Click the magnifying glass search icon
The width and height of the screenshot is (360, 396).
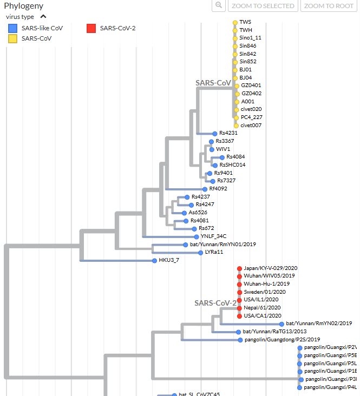point(218,5)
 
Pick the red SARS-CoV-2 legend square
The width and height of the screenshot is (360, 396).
point(91,28)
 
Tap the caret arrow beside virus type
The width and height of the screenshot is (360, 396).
point(43,17)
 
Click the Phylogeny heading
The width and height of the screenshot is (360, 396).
point(23,6)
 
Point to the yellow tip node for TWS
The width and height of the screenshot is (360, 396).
point(235,22)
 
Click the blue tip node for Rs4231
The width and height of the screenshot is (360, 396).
point(215,133)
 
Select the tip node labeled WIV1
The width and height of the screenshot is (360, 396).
point(212,148)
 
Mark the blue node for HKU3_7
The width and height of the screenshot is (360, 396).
point(154,261)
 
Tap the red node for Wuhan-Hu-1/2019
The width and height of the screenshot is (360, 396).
point(239,284)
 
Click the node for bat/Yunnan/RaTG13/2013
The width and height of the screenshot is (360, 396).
point(238,332)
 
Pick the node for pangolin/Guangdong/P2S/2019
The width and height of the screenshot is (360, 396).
point(240,340)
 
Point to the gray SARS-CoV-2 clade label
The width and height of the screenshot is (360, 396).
point(215,303)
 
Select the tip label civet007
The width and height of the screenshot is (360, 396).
point(251,126)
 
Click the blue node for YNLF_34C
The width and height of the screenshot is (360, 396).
point(195,236)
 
